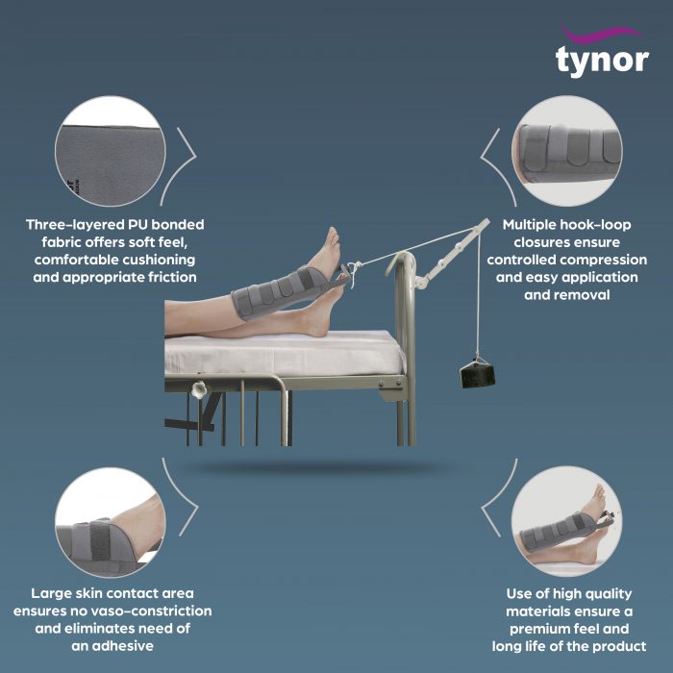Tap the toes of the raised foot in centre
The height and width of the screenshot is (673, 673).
click(333, 237)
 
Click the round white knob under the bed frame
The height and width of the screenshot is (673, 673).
click(200, 392)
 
